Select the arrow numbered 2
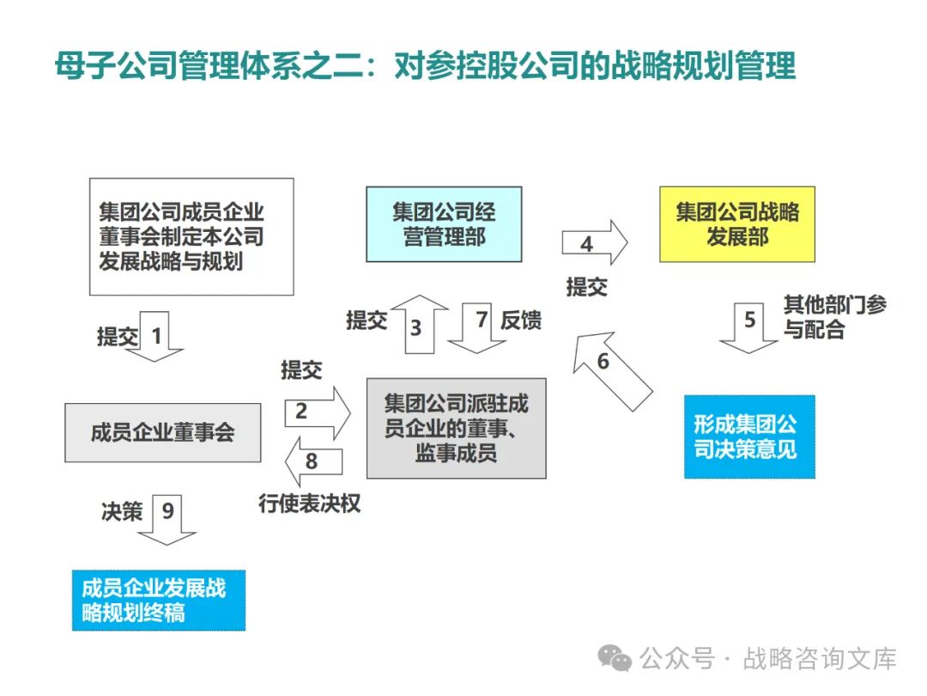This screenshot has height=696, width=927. point(316,412)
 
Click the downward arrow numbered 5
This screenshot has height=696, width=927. point(749,326)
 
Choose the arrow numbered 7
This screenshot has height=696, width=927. point(477,327)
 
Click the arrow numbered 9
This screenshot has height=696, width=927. point(167,519)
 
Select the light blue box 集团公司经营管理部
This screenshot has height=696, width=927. point(444,223)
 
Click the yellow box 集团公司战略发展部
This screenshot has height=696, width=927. point(736,223)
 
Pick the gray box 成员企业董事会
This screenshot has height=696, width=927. point(163,432)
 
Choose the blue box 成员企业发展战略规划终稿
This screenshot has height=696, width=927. point(158,600)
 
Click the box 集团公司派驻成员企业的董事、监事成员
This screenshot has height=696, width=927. point(456,428)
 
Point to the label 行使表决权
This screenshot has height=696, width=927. point(309,504)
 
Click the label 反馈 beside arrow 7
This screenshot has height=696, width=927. point(520,321)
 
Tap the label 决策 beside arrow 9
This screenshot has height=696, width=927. point(122,511)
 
